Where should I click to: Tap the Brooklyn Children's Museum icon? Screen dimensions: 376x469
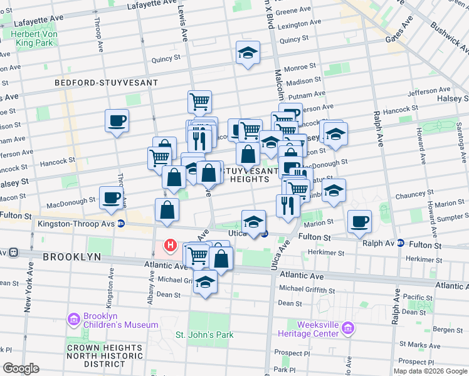tap(74, 320)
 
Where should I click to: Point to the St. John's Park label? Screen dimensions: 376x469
tap(204, 335)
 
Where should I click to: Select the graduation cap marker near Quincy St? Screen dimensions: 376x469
tap(248, 53)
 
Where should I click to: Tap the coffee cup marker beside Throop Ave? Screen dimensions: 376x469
tap(117, 120)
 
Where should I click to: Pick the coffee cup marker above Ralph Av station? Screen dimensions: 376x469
tap(359, 221)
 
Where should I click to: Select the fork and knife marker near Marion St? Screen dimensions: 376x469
tap(288, 205)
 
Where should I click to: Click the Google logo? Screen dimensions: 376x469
tap(21, 368)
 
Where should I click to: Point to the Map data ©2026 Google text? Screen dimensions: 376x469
tap(430, 371)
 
